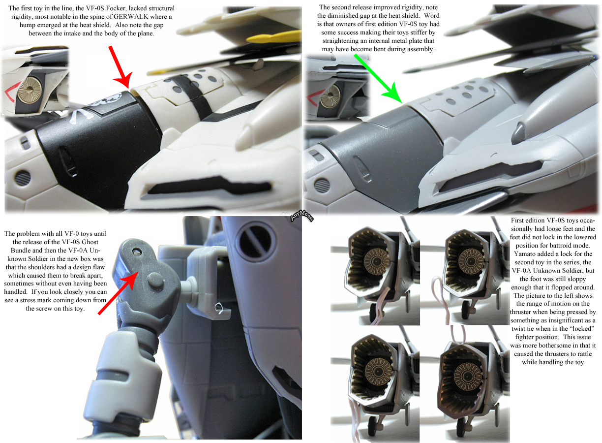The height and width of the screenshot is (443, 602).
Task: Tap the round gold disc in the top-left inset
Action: click(29, 88)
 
